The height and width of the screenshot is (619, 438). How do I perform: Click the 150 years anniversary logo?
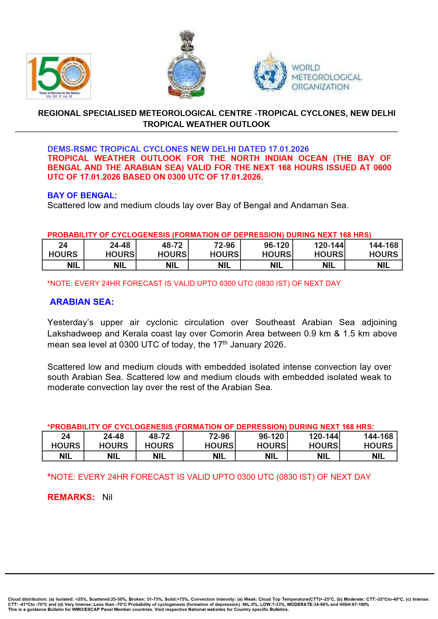pos(59,76)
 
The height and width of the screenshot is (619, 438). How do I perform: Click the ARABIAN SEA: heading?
pos(82,302)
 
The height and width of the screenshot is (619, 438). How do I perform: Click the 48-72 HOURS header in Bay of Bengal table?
pos(172,250)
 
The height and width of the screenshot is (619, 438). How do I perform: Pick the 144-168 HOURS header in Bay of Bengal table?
pos(383,250)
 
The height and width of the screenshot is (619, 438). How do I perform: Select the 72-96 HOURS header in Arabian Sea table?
pos(219,441)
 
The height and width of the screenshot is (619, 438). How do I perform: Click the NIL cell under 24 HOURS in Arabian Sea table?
pos(66,456)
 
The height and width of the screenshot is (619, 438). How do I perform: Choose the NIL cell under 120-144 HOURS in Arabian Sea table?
pos(323,456)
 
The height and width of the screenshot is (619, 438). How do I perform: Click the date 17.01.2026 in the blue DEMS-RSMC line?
pos(288,149)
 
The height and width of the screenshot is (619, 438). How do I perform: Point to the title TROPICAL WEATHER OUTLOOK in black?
pos(206,124)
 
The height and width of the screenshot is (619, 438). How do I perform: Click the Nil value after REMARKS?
pos(107,497)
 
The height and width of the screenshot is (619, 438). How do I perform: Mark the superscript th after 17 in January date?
pos(225,342)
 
